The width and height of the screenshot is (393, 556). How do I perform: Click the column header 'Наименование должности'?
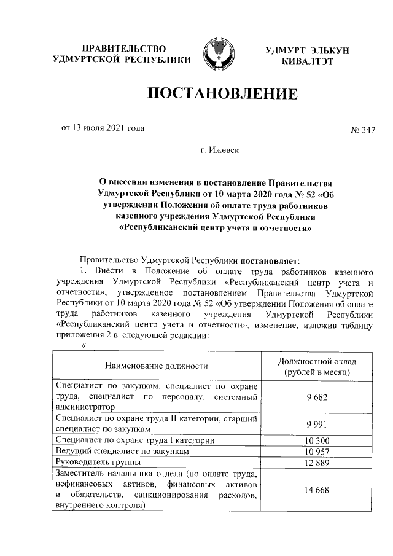tap(156, 366)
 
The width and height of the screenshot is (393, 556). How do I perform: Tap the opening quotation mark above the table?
tap(84, 345)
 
